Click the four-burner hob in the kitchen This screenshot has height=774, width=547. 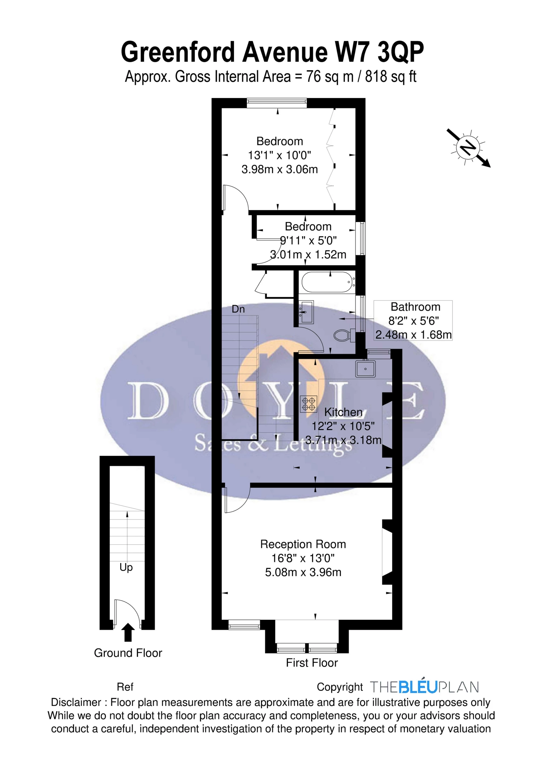tap(308, 404)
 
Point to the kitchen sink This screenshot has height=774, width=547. tap(365, 369)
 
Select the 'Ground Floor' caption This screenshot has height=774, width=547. tap(128, 653)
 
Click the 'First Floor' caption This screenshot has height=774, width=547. tap(312, 662)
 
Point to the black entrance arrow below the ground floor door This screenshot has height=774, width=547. tap(127, 632)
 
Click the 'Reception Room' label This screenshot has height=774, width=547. tap(303, 544)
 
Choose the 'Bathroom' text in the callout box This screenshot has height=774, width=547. tap(415, 307)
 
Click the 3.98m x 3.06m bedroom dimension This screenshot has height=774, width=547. tap(280, 169)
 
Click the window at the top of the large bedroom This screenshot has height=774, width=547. tap(277, 103)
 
